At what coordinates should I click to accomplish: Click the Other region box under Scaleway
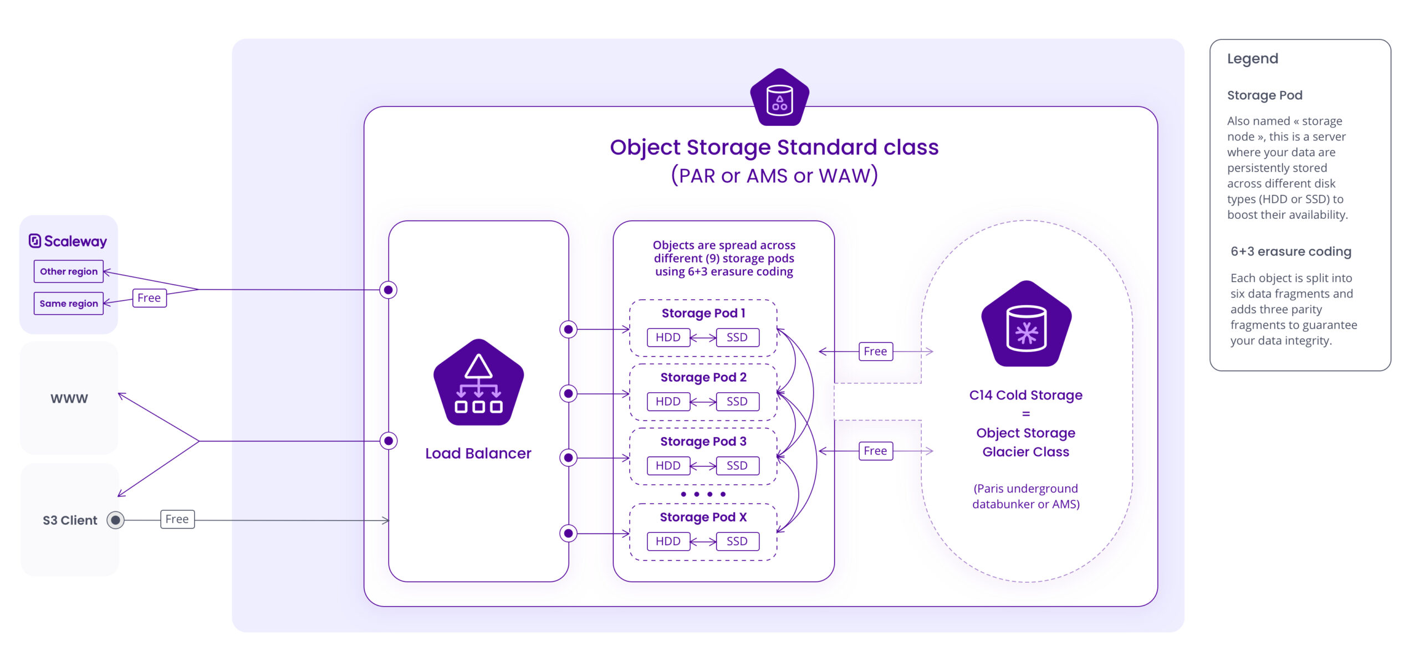pos(69,271)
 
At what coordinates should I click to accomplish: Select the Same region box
pos(69,304)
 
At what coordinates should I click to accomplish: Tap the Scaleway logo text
pos(68,242)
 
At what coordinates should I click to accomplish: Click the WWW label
pos(69,399)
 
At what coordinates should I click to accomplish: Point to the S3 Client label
pos(70,521)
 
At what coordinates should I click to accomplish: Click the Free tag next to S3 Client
pos(177,520)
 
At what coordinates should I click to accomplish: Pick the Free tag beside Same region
pos(149,298)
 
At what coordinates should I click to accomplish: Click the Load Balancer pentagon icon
pos(478,383)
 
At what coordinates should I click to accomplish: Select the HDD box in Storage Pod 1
pos(668,337)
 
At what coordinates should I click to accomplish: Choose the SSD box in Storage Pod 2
pos(737,402)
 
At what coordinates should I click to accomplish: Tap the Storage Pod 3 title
pos(703,442)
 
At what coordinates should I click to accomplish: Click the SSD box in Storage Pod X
pos(737,541)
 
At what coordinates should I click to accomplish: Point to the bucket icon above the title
pos(779,98)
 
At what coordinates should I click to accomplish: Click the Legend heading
pos(1252,59)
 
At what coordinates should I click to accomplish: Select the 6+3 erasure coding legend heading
pos(1290,252)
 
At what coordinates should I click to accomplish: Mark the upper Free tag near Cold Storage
pos(875,351)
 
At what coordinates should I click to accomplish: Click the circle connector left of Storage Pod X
pos(568,533)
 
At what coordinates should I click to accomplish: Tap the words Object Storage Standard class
pos(774,147)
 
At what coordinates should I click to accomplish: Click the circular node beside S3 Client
pos(115,520)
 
